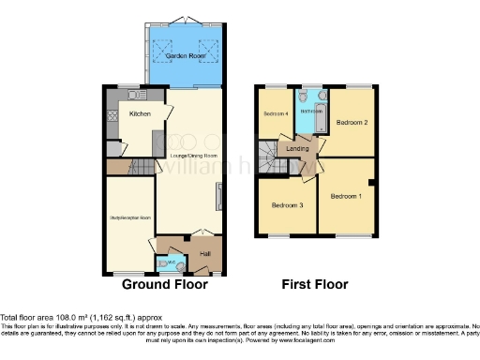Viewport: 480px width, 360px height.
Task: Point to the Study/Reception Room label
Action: point(128,217)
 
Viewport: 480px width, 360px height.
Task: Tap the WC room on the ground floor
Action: point(171,262)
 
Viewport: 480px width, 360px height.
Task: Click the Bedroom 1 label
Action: point(346,196)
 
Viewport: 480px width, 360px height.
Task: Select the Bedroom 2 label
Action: point(352,123)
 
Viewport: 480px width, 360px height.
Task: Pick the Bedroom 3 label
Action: point(287,205)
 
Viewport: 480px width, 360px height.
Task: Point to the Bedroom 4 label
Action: point(275,113)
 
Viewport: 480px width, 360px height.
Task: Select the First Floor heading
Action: point(315,285)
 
